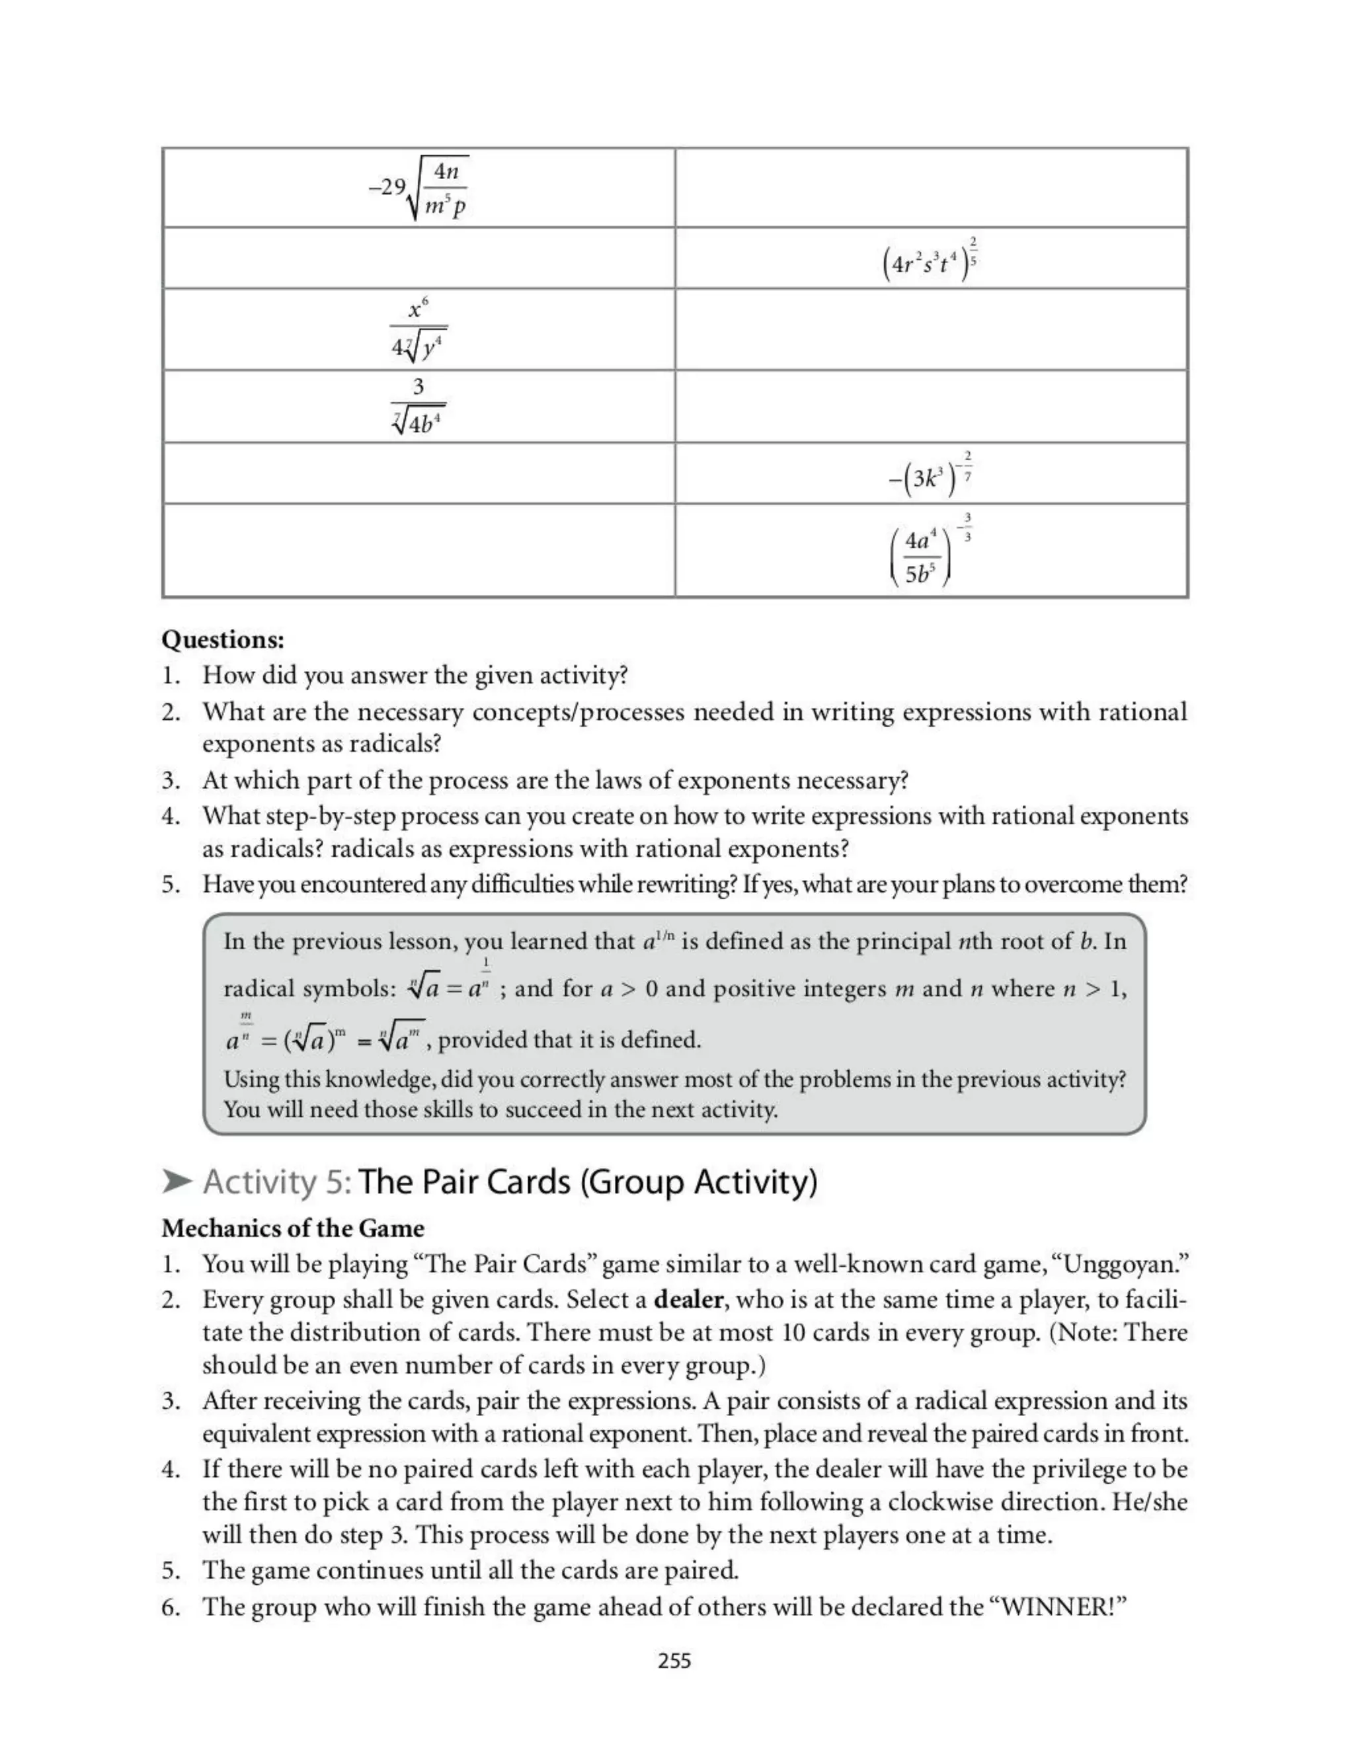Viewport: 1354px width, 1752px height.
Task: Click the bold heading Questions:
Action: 222,639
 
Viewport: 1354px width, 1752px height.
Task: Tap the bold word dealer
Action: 689,1300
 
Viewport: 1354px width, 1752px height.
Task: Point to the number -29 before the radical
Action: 387,187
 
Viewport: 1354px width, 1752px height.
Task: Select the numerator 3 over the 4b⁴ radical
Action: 418,387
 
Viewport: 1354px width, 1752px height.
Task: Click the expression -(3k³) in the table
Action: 924,478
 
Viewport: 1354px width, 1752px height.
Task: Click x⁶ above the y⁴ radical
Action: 418,308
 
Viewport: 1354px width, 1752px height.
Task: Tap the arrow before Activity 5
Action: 177,1181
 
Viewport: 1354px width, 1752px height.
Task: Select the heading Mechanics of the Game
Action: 293,1228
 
